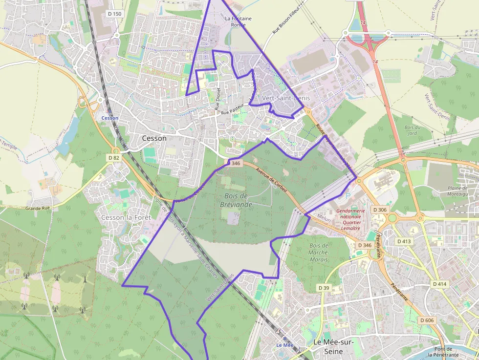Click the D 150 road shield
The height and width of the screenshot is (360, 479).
click(x=114, y=14)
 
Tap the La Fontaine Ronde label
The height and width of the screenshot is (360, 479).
click(x=238, y=21)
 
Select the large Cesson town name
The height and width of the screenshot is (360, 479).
click(x=154, y=138)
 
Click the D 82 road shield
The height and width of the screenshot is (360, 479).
click(x=113, y=158)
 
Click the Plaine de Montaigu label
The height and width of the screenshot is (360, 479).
click(x=457, y=191)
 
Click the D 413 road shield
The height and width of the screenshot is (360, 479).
click(x=404, y=241)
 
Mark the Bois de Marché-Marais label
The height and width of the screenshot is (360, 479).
click(x=318, y=253)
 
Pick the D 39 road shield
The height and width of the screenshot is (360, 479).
click(x=324, y=288)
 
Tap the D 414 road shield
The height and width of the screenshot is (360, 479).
click(x=439, y=284)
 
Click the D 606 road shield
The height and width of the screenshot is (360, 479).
click(x=426, y=320)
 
